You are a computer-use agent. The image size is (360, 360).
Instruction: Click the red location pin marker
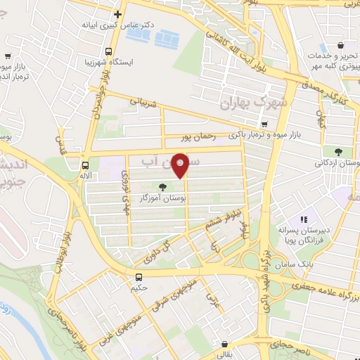pyautogui.click(x=181, y=165)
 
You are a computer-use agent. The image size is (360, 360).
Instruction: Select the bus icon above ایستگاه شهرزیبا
pyautogui.click(x=108, y=51)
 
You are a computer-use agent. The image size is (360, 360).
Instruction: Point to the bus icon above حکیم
pyautogui.click(x=138, y=276)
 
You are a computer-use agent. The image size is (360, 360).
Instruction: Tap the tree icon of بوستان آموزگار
pyautogui.click(x=163, y=187)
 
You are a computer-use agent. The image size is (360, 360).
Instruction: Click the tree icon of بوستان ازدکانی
pyautogui.click(x=339, y=151)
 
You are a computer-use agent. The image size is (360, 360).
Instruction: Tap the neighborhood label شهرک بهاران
pyautogui.click(x=245, y=103)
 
